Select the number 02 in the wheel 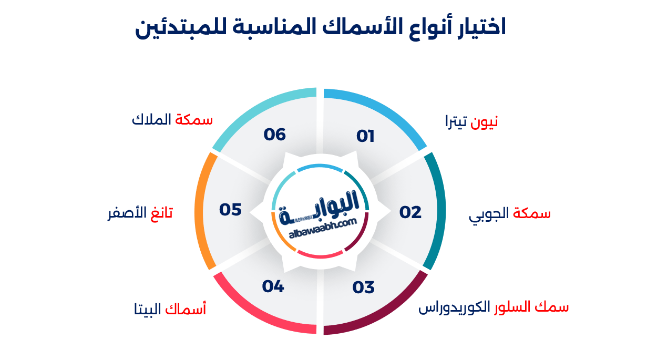tap(410, 212)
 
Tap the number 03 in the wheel tap(364, 288)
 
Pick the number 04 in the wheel tap(273, 287)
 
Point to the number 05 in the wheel tap(230, 210)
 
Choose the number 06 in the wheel tap(275, 135)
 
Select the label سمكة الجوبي tap(510, 214)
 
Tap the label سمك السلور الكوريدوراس tap(494, 307)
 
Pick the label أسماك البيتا tap(170, 310)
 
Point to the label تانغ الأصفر tap(139, 214)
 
